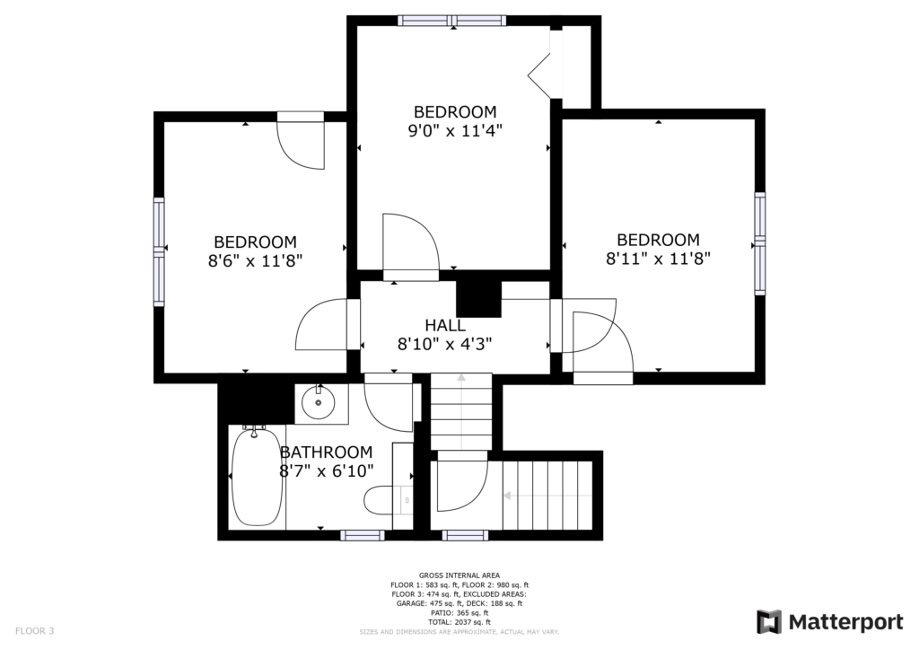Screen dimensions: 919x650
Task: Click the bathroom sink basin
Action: coord(319,403)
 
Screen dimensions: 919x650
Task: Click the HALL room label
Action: coord(445,325)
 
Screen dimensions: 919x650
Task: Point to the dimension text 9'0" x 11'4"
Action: coord(455,130)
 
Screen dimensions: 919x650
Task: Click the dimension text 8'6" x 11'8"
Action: coord(255,260)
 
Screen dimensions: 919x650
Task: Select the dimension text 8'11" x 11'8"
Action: coord(658,258)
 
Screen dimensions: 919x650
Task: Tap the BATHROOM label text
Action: coord(326,452)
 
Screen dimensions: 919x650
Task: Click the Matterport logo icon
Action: coord(769,622)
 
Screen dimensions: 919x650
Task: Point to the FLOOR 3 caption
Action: coord(35,631)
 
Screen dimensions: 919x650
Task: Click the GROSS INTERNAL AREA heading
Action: coord(459,575)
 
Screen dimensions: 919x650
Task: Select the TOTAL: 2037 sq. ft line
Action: coord(459,622)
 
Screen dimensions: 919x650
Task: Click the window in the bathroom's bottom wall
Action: coord(363,535)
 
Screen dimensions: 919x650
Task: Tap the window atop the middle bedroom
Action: coord(452,21)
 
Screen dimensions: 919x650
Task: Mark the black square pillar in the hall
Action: coord(479,298)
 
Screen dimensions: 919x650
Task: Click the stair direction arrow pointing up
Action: coord(461,411)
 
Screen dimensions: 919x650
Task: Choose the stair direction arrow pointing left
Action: coord(548,496)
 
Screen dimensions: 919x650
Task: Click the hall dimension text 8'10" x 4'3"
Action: coord(445,344)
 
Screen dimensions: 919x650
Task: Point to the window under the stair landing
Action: coord(465,535)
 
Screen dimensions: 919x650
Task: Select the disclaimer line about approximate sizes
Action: coord(459,632)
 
